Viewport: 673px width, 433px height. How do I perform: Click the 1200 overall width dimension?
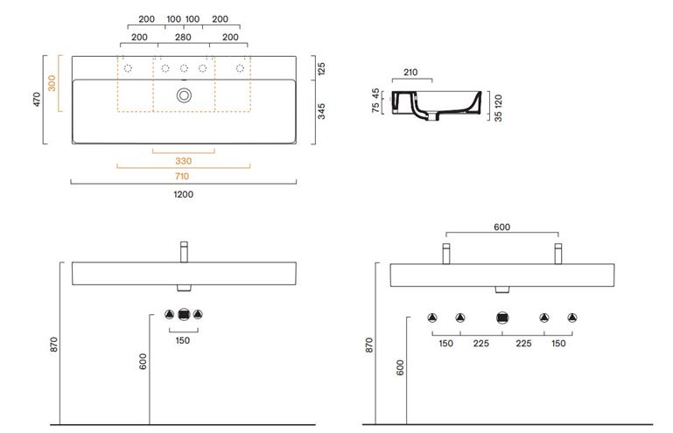[183, 194]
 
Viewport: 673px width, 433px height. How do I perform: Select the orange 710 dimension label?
[182, 177]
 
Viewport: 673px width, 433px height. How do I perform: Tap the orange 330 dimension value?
[183, 161]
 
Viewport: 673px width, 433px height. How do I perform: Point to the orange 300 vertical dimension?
[52, 83]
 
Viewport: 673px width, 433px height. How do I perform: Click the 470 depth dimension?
[37, 99]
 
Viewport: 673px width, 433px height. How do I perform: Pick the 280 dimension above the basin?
[183, 38]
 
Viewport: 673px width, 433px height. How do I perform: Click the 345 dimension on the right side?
[321, 111]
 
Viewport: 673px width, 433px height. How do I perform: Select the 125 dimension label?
[321, 68]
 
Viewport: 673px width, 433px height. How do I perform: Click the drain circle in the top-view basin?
[184, 95]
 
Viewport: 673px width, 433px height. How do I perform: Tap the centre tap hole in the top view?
[184, 68]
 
